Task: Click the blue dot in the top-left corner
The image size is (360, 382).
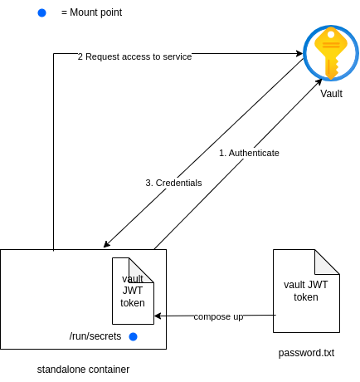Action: pyautogui.click(x=41, y=12)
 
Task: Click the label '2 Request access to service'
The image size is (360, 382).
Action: pyautogui.click(x=134, y=56)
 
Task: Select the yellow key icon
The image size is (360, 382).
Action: pyautogui.click(x=331, y=53)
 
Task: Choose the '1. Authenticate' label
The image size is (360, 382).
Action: pyautogui.click(x=249, y=153)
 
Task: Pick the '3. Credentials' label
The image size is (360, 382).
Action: pyautogui.click(x=173, y=183)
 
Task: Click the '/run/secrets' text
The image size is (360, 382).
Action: pyautogui.click(x=95, y=336)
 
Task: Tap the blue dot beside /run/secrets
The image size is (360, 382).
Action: pyautogui.click(x=133, y=336)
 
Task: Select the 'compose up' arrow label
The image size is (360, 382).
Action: pyautogui.click(x=218, y=316)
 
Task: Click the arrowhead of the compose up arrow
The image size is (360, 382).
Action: pyautogui.click(x=158, y=316)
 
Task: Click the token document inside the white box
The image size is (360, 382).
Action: pyautogui.click(x=133, y=291)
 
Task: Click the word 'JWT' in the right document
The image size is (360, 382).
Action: pyautogui.click(x=317, y=285)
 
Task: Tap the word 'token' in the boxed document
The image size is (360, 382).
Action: pyautogui.click(x=132, y=302)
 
